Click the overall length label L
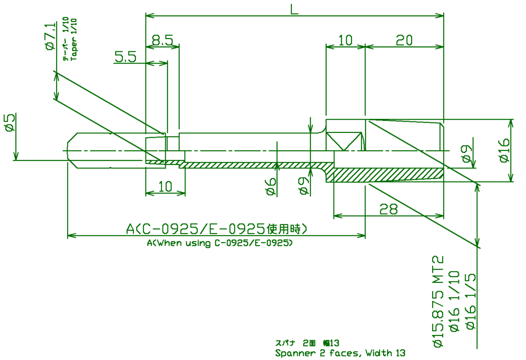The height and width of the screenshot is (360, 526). click(x=294, y=9)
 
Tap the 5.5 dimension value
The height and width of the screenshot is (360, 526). click(x=126, y=57)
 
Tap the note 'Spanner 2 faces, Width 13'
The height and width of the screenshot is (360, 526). click(x=340, y=353)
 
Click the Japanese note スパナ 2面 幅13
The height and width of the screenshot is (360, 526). click(x=307, y=343)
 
